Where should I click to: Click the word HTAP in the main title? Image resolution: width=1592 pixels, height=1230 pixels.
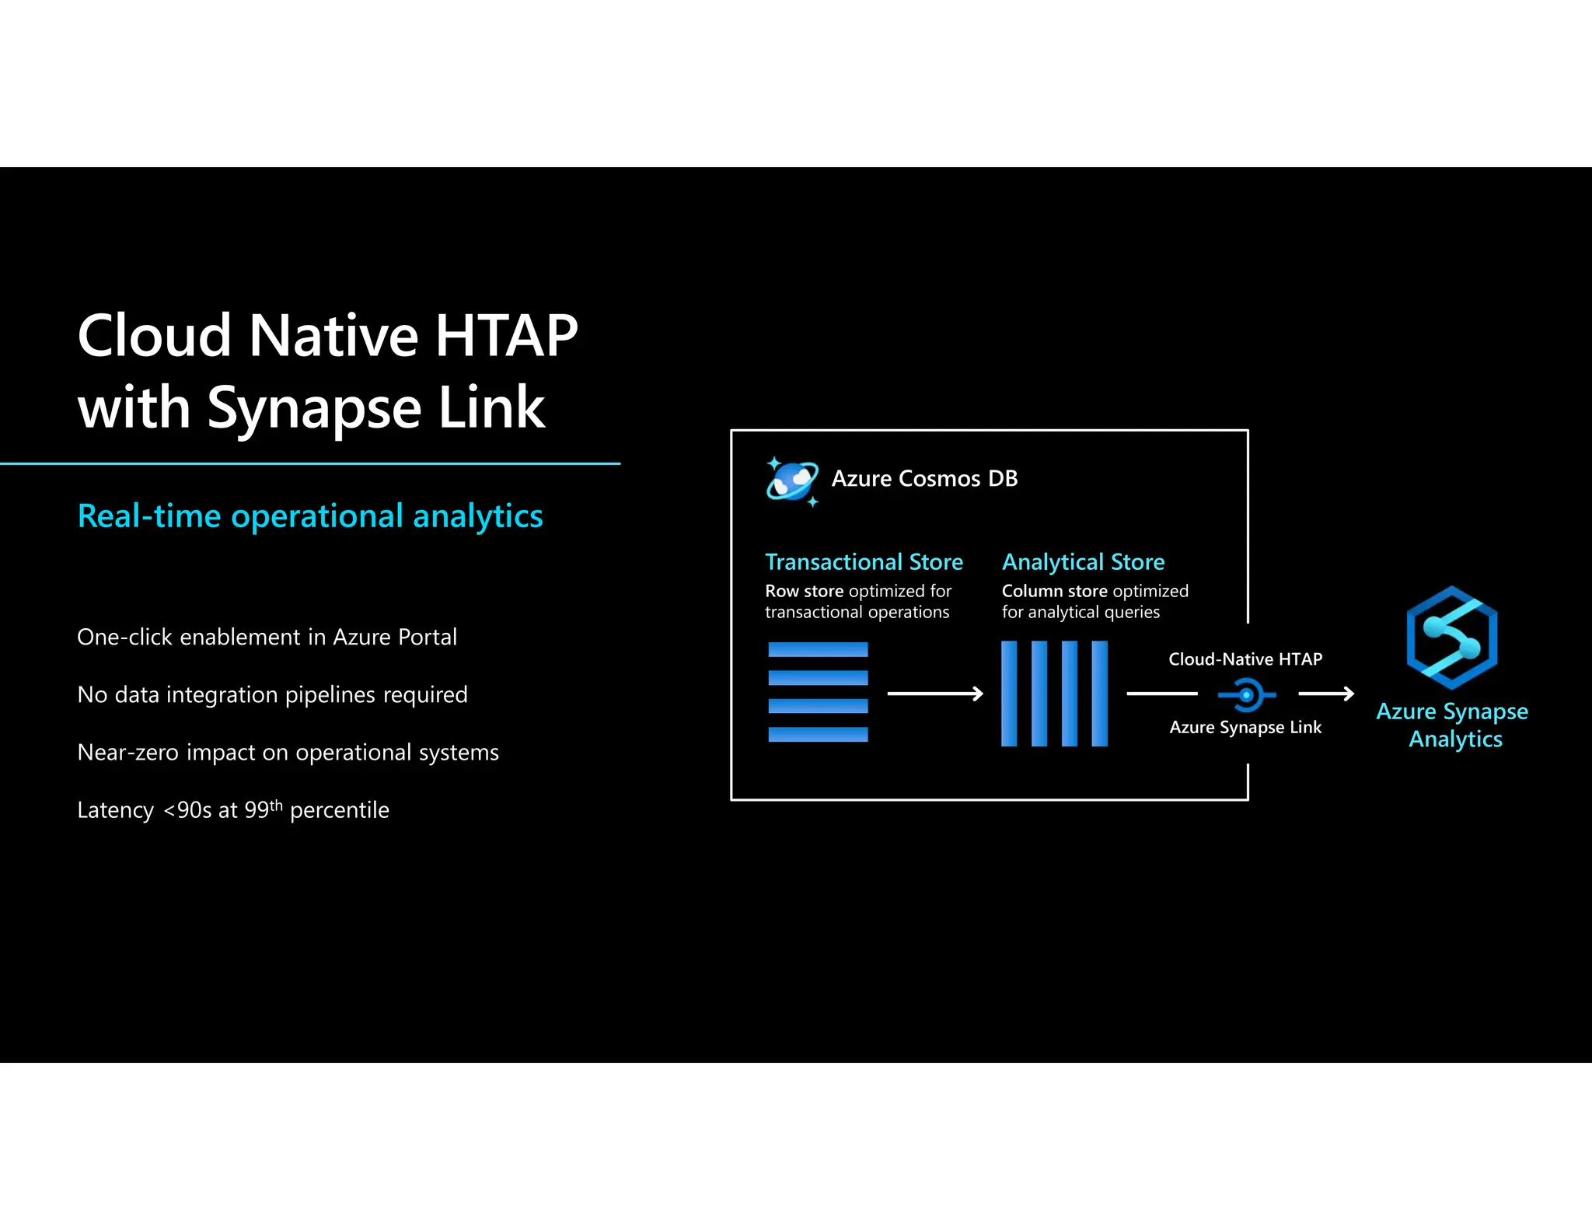pos(506,336)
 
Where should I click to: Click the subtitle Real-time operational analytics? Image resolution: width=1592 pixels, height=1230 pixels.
pos(310,516)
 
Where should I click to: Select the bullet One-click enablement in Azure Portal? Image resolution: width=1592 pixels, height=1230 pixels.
pos(267,637)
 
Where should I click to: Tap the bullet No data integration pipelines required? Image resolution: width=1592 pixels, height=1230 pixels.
pos(272,694)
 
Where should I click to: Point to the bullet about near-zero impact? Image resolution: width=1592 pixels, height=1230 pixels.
pos(288,752)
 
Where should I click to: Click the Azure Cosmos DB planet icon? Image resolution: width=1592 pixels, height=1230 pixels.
pos(792,480)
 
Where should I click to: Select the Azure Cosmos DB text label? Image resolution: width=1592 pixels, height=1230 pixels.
pos(924,478)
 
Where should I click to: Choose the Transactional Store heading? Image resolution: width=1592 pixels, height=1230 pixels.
pos(864,561)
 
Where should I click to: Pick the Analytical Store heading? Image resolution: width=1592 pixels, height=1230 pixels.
pos(1083,561)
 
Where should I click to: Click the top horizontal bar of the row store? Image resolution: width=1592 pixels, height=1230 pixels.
pos(818,649)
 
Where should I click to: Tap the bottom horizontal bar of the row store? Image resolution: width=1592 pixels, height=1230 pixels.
pos(818,734)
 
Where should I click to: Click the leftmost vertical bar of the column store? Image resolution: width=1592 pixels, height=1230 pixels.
pos(1009,694)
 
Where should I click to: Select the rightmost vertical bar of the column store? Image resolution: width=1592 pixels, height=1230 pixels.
pos(1099,694)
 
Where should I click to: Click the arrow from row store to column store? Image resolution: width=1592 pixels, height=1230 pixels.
pos(935,694)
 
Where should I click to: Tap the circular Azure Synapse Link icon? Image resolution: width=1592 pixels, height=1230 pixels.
pos(1246,694)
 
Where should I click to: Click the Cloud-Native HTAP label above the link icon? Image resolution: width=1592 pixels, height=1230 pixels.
pos(1245,659)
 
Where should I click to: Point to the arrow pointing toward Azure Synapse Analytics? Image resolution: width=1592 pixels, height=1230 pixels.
pos(1326,694)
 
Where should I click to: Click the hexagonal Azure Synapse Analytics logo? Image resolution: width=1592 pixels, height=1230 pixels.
pos(1451,638)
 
